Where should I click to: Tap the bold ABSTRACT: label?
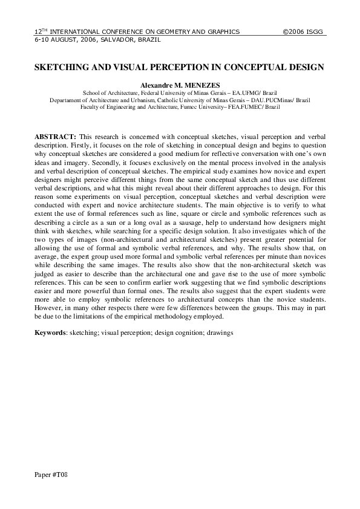pos(55,137)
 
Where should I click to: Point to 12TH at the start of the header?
pos(41,31)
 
